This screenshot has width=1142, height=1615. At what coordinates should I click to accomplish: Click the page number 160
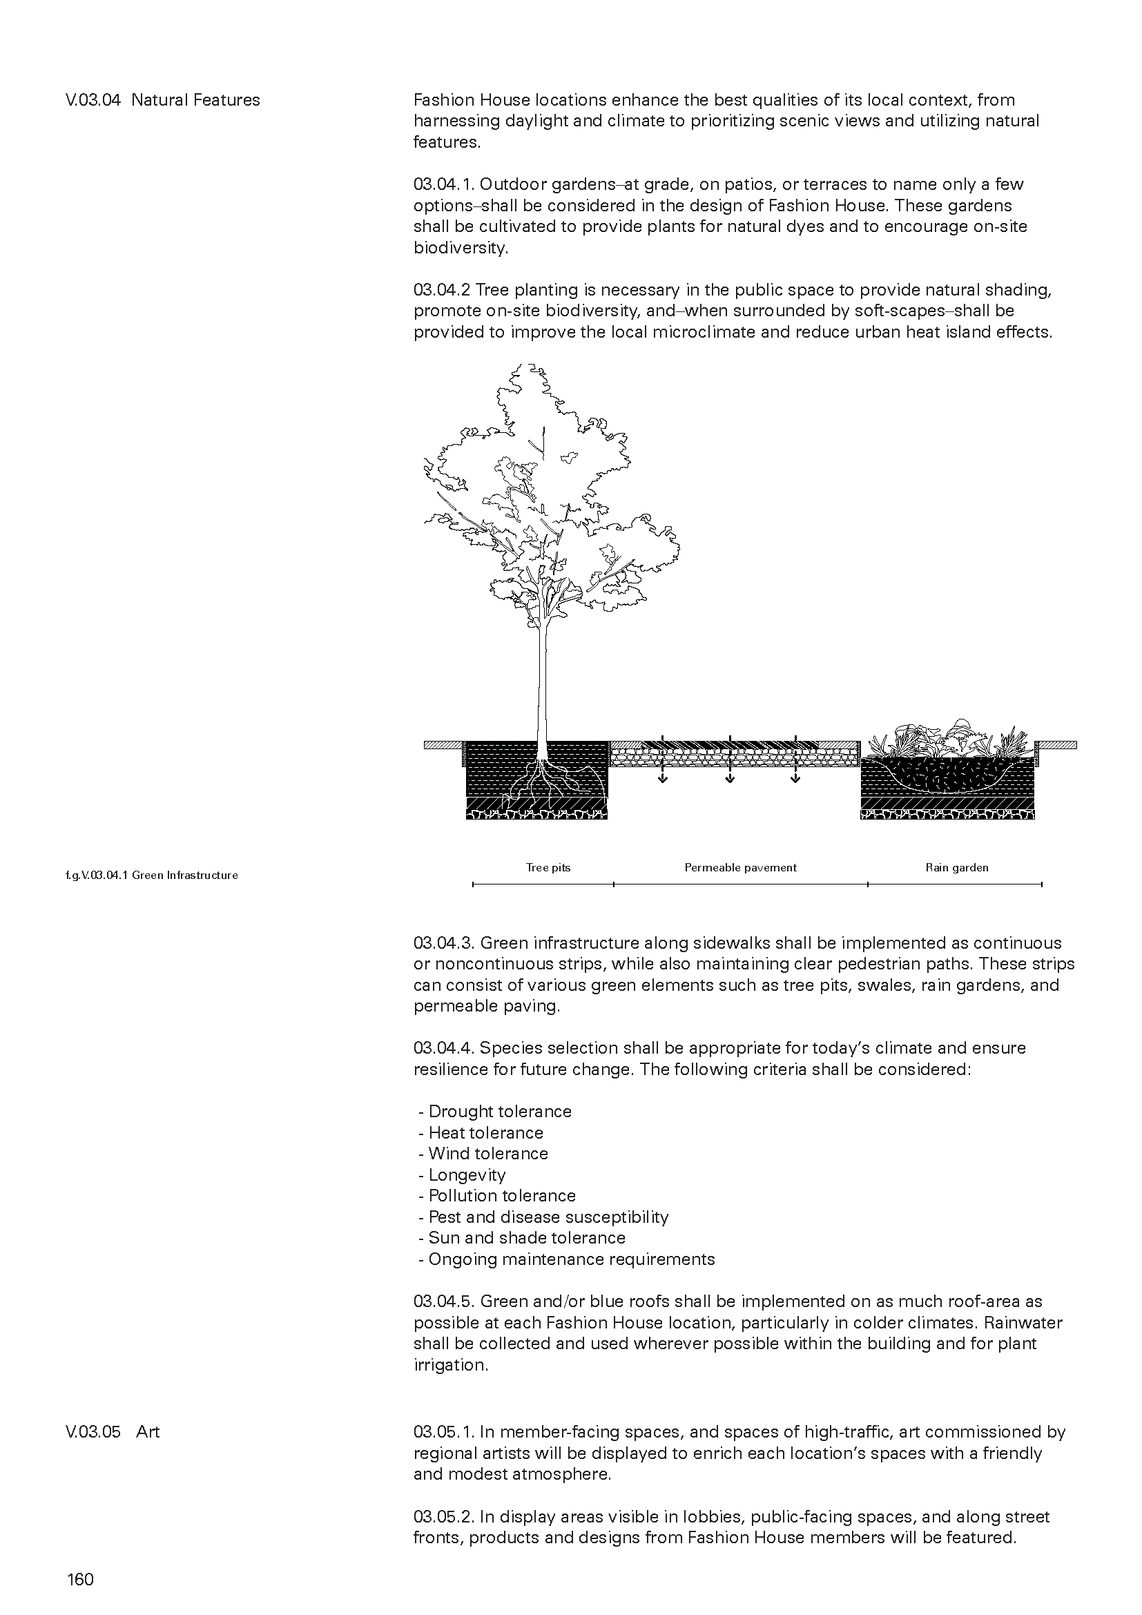[x=80, y=1579]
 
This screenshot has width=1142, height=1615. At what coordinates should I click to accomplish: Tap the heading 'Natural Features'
[x=195, y=100]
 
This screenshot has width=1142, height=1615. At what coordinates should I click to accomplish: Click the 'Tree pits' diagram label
[x=548, y=867]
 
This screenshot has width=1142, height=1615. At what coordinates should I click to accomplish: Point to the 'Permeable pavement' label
[x=740, y=867]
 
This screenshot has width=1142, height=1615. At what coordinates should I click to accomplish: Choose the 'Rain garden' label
[x=956, y=867]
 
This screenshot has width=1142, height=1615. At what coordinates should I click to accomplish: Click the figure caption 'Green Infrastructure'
[x=185, y=875]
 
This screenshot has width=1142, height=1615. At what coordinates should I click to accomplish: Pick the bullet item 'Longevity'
[x=467, y=1174]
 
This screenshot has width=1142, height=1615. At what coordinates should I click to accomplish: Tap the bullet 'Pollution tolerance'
[x=501, y=1196]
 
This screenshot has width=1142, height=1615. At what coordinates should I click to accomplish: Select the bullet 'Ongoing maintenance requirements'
[x=571, y=1259]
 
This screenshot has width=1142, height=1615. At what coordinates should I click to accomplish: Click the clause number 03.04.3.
[x=445, y=942]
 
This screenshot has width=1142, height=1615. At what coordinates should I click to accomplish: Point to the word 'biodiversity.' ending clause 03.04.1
[x=460, y=248]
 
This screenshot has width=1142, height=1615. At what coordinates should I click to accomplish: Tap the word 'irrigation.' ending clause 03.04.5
[x=450, y=1364]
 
